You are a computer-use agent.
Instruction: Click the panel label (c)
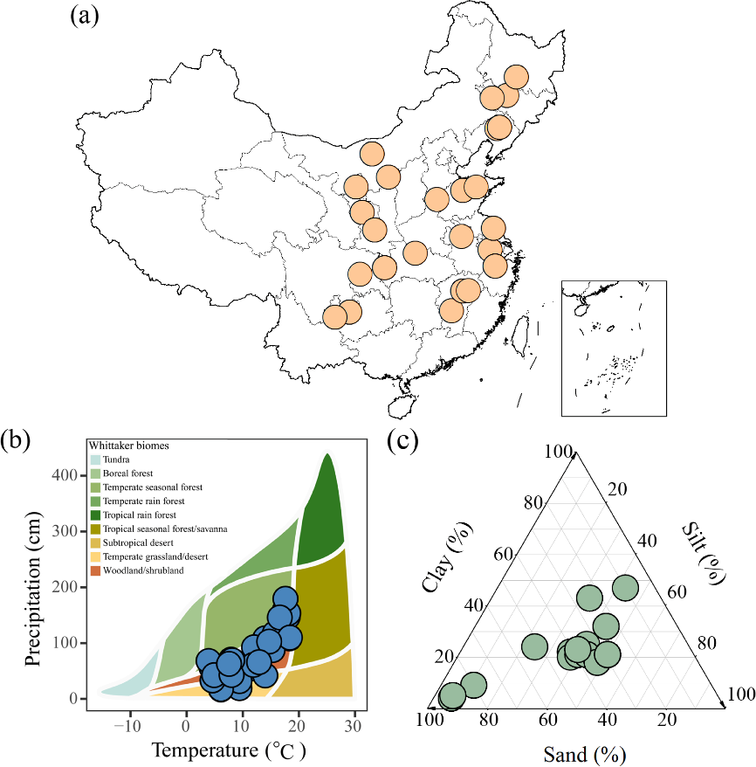pos(403,441)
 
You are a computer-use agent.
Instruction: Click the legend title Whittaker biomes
pos(128,446)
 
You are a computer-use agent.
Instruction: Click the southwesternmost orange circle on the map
pos(334,317)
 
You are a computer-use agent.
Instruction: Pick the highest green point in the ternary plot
pos(626,589)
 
